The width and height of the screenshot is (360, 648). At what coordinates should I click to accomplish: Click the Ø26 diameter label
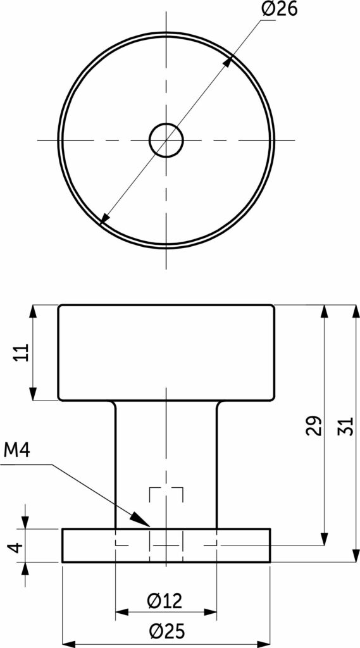coord(280,9)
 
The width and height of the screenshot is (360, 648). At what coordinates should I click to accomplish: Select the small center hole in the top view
coord(166,140)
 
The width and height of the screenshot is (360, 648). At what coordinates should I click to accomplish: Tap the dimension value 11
coord(22,352)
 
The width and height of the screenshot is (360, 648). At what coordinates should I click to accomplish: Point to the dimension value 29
coord(314,425)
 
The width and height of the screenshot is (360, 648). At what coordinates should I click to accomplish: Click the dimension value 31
coord(345,426)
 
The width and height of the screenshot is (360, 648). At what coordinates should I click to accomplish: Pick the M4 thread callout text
coord(17,450)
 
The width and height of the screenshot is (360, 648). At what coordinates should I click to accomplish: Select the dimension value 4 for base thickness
coord(15,548)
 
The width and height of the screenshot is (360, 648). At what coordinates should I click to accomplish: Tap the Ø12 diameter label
coord(164,601)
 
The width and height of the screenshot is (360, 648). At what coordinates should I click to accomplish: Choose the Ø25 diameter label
coord(167,631)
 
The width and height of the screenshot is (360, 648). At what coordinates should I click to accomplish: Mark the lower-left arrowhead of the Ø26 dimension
coord(105,219)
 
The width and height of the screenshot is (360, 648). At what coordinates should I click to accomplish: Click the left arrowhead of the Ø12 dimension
coord(122,612)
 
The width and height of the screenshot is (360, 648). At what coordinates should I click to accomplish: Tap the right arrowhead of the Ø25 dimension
coord(263,644)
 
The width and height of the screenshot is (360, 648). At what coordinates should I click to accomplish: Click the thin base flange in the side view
coord(166,545)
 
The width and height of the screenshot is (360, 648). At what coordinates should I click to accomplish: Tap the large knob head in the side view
coord(166,352)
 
